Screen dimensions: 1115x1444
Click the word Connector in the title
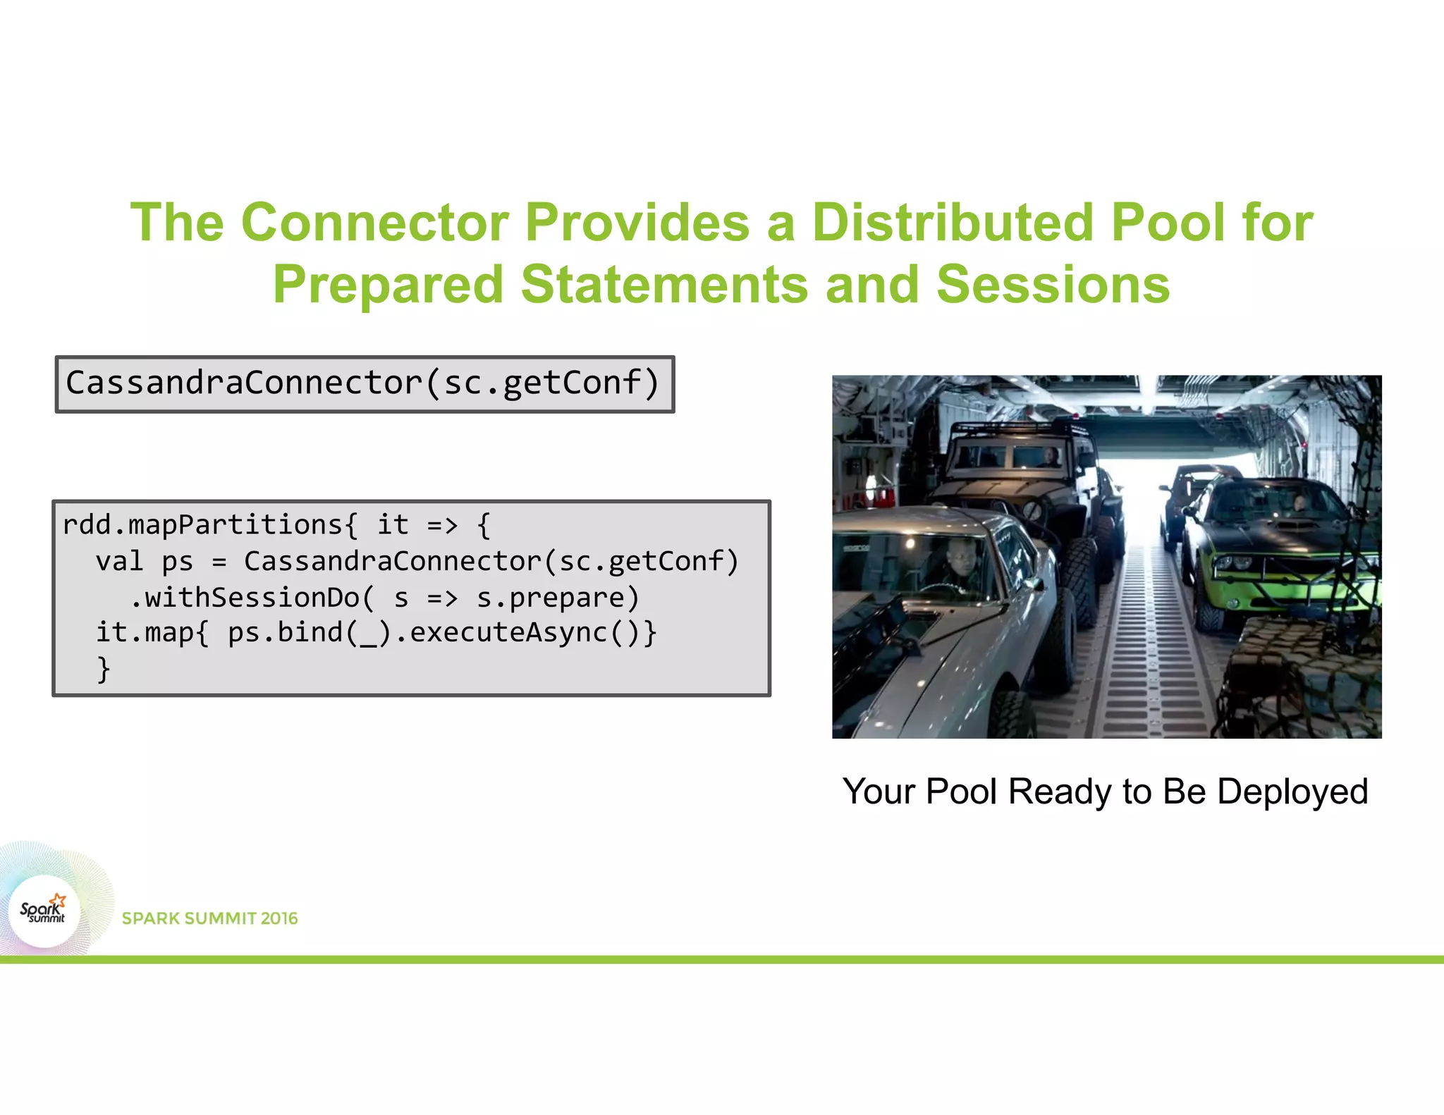[374, 223]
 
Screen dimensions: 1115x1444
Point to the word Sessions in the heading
[1053, 285]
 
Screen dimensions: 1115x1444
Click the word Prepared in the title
[388, 285]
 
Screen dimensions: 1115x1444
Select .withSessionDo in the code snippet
[244, 598]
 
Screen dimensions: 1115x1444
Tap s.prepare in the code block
[557, 598]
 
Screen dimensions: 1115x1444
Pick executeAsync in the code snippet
[508, 632]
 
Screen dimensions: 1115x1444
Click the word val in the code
[119, 562]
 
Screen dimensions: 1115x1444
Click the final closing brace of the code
[104, 668]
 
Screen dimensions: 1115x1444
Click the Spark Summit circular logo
[44, 911]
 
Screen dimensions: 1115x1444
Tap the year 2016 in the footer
[279, 918]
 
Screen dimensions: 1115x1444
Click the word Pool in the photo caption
[962, 791]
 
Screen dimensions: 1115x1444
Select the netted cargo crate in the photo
[1304, 677]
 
